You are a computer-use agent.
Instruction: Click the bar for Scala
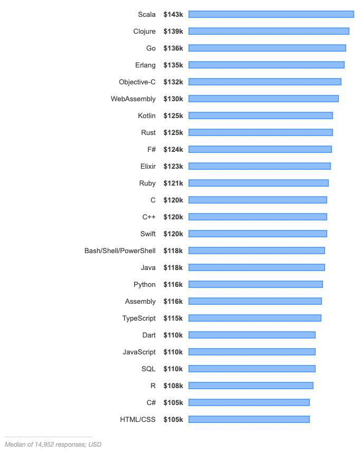271,14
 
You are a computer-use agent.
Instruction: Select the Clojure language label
144,31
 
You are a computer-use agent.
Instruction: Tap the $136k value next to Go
173,48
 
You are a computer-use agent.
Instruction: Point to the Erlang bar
266,65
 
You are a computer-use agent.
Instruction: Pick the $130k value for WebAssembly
173,99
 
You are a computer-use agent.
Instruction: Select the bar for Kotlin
260,116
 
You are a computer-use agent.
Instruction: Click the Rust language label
148,132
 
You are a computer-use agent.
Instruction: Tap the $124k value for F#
173,149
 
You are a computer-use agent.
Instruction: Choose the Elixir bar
259,166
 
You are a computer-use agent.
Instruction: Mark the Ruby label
147,183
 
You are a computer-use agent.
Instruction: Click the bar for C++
258,217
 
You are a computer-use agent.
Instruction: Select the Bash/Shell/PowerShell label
120,251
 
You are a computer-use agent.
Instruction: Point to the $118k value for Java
173,267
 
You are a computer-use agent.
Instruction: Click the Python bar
255,284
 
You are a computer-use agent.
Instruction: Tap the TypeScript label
139,318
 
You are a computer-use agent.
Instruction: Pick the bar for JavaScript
252,352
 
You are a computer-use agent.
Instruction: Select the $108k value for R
173,386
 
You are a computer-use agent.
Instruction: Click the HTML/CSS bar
249,419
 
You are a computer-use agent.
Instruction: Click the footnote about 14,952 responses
53,444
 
